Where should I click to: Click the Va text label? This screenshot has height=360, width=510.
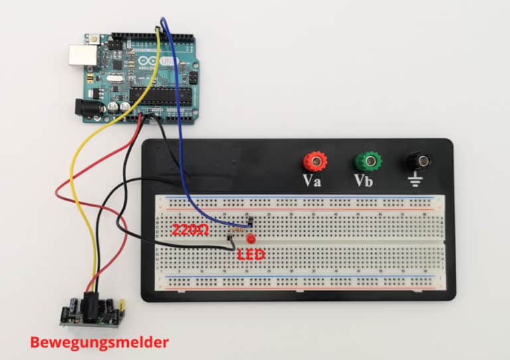tap(312, 181)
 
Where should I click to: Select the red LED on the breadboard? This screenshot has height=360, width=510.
tap(251, 239)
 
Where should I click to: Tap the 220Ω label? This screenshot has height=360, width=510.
tap(191, 230)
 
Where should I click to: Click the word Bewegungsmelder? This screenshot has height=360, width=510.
tap(98, 343)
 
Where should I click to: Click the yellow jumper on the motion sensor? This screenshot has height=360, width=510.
tap(122, 305)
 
